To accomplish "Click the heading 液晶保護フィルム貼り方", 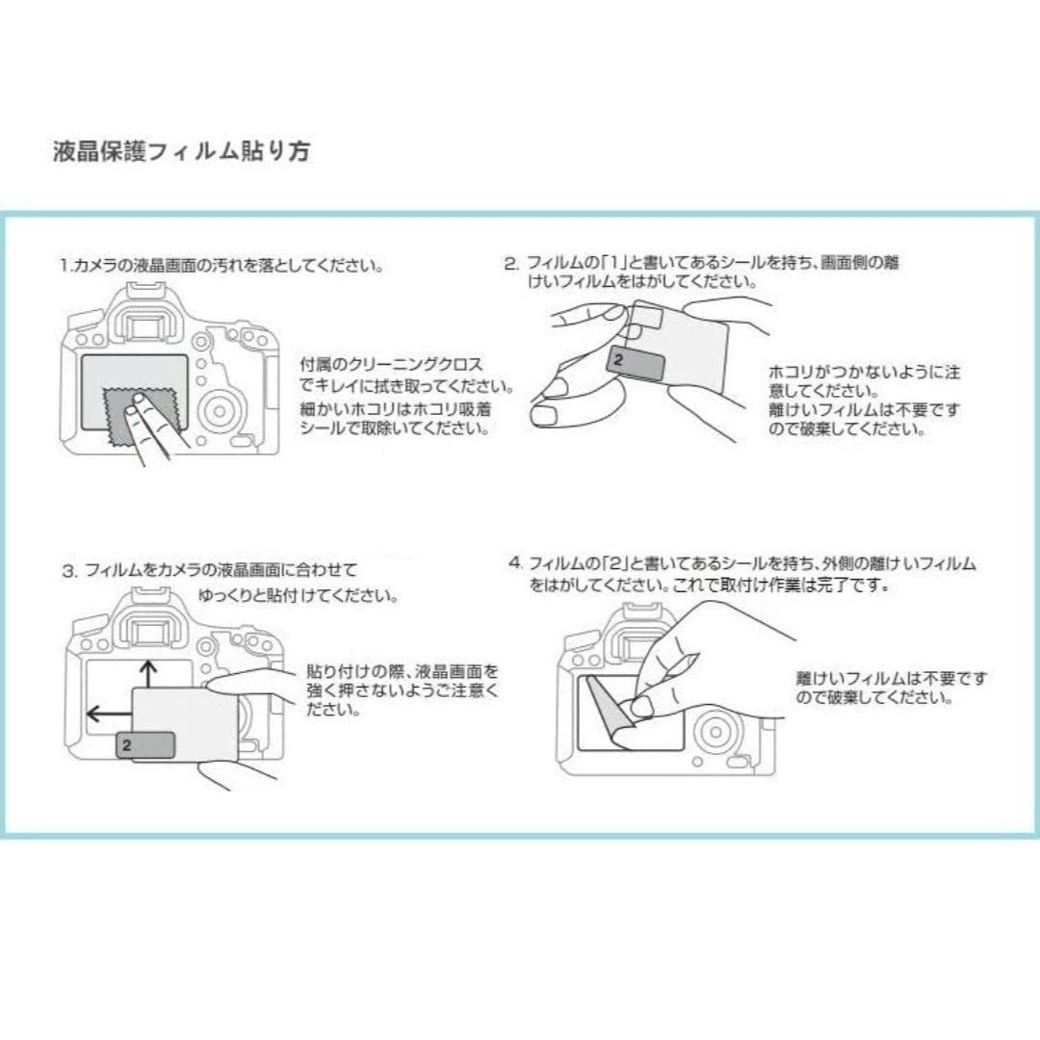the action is (x=181, y=151).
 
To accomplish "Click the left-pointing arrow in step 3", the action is (x=110, y=714).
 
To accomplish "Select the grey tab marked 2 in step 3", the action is (x=146, y=744).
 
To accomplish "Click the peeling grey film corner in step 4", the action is (x=613, y=711).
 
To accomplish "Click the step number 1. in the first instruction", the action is (x=65, y=267).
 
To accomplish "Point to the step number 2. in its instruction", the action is (x=510, y=264).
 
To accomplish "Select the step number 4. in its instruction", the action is (x=516, y=563).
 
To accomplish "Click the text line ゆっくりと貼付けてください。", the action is (x=299, y=596).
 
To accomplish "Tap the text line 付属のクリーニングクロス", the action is (x=391, y=364).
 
